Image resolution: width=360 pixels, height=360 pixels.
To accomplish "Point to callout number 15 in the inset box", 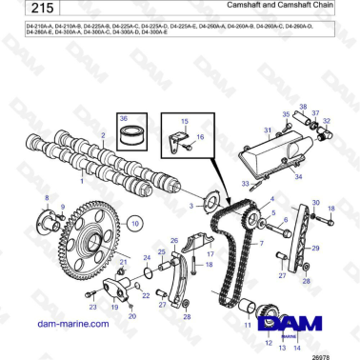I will pos(185,121).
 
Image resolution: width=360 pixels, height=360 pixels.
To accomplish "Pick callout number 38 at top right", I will pos(302,106).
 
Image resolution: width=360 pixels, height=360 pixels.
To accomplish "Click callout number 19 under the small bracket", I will pos(113,309).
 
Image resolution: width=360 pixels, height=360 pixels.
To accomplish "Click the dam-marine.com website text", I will pos(64,325).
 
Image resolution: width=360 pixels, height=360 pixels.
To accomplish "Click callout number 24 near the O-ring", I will pos(146,258).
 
